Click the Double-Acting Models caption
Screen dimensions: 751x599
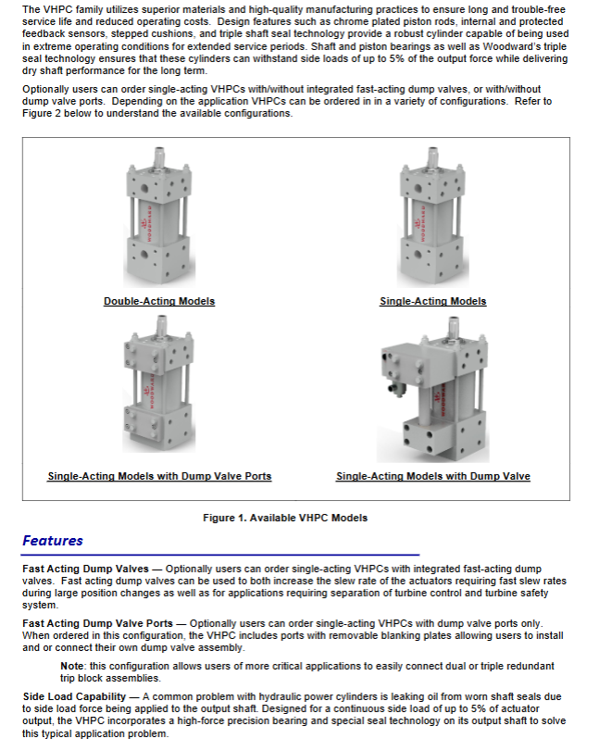tap(159, 301)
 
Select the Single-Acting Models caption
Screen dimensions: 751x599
tap(432, 301)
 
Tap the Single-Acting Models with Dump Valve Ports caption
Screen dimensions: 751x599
tap(159, 476)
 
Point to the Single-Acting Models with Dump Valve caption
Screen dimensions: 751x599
tap(432, 476)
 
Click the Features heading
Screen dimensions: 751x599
tap(53, 541)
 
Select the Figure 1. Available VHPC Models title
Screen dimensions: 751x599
tap(285, 518)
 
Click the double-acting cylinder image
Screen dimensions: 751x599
tap(158, 219)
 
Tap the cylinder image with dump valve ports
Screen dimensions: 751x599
tap(159, 389)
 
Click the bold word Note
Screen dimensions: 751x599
tap(72, 667)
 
